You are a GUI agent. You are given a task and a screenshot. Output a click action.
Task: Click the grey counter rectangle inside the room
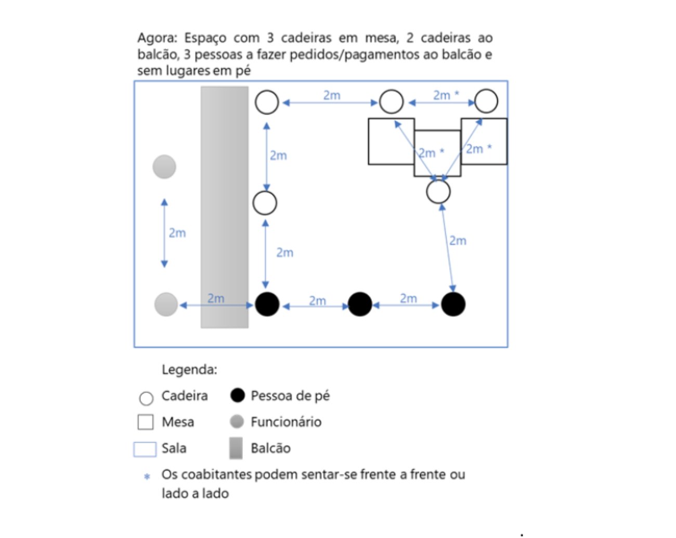click(x=224, y=207)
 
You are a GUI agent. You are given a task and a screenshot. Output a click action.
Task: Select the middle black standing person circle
click(x=360, y=304)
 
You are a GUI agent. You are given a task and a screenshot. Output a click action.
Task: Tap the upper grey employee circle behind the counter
click(x=164, y=167)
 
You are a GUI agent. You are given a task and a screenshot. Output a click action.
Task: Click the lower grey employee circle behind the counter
click(x=166, y=305)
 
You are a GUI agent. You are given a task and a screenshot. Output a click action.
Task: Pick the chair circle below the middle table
click(x=438, y=192)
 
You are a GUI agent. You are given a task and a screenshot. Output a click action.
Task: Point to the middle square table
click(x=437, y=153)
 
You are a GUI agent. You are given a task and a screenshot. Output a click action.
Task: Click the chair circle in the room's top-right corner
click(x=486, y=102)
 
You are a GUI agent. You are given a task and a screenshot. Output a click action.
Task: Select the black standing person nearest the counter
click(x=267, y=304)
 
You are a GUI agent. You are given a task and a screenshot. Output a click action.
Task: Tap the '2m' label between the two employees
click(x=177, y=233)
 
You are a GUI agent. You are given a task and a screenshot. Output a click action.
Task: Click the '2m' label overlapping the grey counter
click(x=216, y=298)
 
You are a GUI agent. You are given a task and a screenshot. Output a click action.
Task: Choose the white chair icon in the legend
click(x=147, y=398)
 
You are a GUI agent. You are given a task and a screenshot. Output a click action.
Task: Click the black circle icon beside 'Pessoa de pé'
click(x=238, y=395)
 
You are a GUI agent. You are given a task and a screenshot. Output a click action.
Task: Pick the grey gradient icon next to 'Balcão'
click(x=236, y=448)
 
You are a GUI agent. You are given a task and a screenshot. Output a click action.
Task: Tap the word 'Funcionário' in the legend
click(x=286, y=422)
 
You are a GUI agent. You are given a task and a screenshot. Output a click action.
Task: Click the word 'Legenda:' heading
click(x=189, y=369)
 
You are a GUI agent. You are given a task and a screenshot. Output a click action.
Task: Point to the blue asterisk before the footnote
click(x=147, y=477)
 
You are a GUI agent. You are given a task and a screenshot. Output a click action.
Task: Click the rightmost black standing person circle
click(x=453, y=304)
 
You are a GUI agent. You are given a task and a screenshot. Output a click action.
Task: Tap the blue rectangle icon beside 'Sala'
click(x=145, y=449)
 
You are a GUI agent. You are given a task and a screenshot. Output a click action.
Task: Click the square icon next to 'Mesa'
click(x=146, y=422)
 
